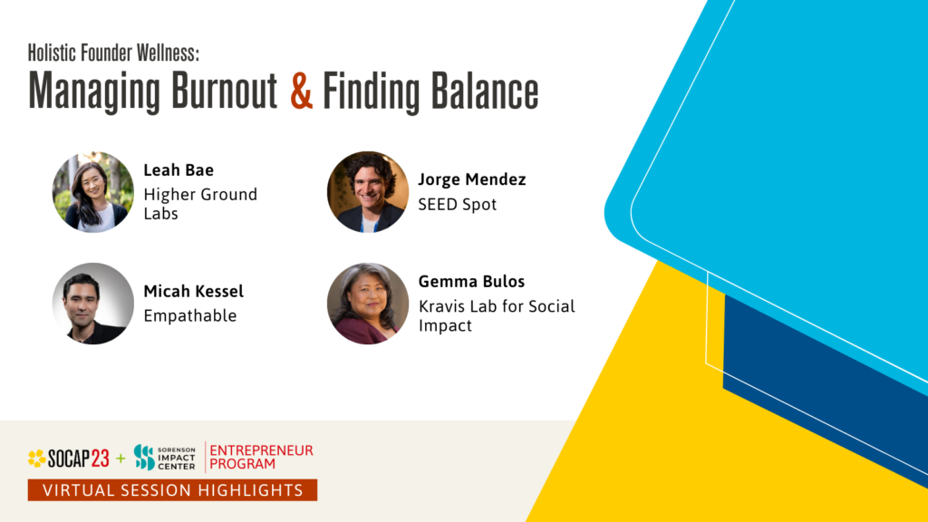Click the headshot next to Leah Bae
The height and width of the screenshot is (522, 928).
click(x=92, y=192)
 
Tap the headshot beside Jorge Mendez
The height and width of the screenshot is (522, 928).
click(x=367, y=192)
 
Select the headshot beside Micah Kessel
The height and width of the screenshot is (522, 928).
click(x=92, y=304)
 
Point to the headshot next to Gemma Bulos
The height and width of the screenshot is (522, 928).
click(x=367, y=304)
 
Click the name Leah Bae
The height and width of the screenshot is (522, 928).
click(x=180, y=169)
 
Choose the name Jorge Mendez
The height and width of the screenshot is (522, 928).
click(x=471, y=179)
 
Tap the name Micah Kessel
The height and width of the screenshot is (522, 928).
click(x=193, y=291)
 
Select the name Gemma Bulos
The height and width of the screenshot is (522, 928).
click(x=470, y=281)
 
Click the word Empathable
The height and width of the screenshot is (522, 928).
click(x=189, y=315)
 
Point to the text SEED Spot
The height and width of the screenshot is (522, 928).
click(x=457, y=204)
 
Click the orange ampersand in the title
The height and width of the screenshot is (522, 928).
click(x=302, y=92)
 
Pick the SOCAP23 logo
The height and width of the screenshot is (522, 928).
click(x=68, y=459)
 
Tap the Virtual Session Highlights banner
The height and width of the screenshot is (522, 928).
click(x=172, y=490)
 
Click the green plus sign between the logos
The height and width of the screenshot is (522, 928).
click(x=121, y=459)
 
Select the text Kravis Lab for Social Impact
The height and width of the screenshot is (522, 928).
click(x=497, y=315)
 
